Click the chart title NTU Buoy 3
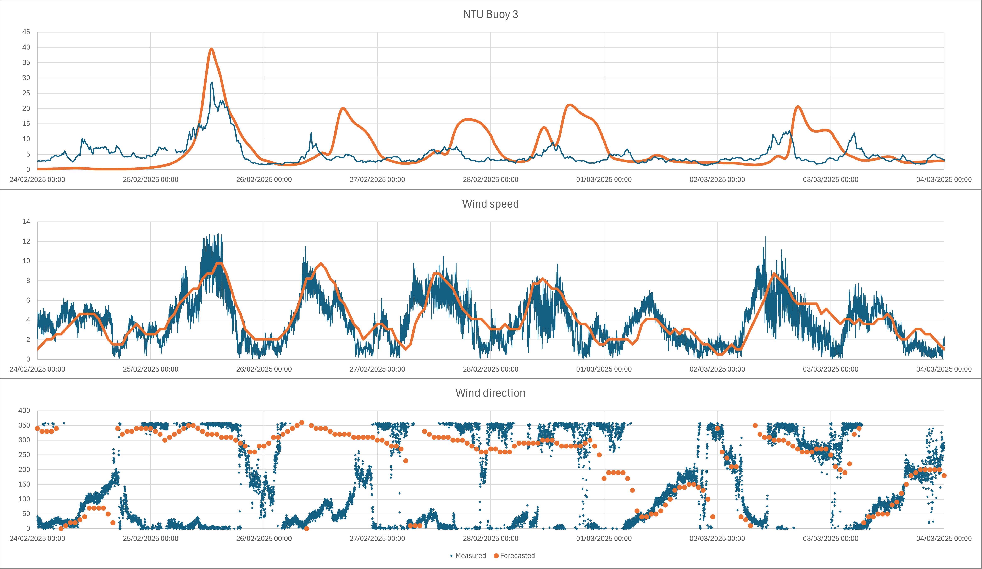tap(490, 15)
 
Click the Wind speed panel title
tap(490, 204)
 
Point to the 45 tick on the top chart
tap(26, 32)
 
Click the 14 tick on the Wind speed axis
tap(26, 222)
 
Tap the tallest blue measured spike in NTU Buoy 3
tap(212, 82)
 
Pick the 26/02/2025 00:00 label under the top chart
tap(264, 180)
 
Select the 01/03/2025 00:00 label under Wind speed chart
tap(604, 369)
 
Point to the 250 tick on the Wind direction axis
tap(24, 455)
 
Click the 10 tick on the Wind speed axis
tap(26, 261)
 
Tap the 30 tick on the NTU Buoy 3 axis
tap(26, 78)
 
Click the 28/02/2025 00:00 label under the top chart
tap(490, 180)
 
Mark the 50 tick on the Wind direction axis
tap(26, 514)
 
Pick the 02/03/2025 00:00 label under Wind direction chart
tap(717, 539)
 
